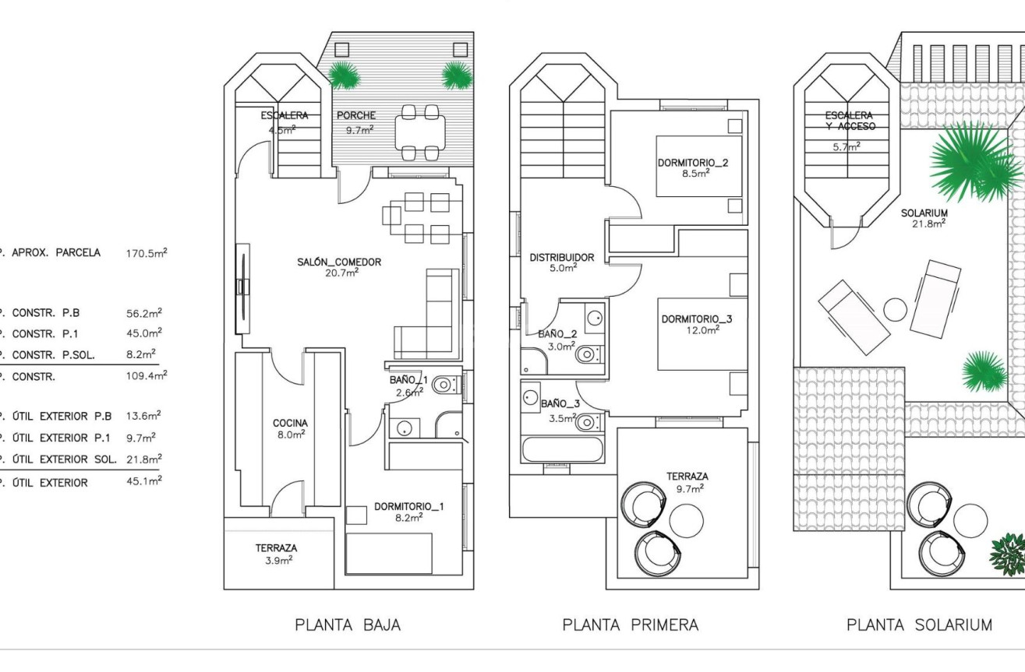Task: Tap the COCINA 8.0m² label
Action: (289, 429)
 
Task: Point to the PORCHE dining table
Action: (420, 132)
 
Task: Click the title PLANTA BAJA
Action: (348, 625)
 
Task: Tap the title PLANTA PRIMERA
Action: (630, 625)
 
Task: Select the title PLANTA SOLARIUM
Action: (920, 625)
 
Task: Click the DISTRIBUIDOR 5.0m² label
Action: (561, 262)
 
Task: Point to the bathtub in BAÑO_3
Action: (562, 450)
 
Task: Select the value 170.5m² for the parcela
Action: (146, 253)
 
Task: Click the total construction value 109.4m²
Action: (146, 376)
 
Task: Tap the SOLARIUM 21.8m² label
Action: (924, 217)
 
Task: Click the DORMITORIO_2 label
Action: (692, 168)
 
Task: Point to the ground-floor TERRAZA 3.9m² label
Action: (276, 554)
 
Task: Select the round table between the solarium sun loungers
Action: (896, 309)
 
